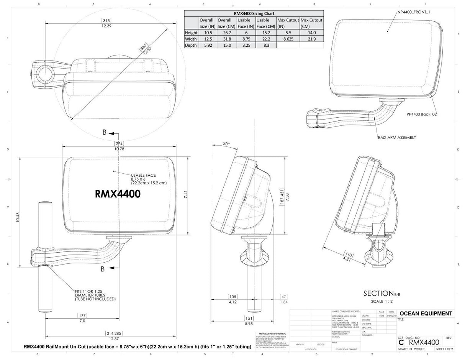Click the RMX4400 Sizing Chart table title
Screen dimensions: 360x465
click(x=254, y=13)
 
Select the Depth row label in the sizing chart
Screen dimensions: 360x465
click(x=191, y=45)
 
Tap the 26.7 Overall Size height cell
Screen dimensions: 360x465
click(x=226, y=33)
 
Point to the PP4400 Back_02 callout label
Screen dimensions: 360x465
click(x=421, y=114)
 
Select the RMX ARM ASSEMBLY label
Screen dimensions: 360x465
click(x=397, y=137)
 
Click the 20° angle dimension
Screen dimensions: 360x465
click(x=226, y=144)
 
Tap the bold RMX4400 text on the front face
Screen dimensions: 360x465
click(x=118, y=194)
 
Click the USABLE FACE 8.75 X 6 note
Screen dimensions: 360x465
click(x=148, y=179)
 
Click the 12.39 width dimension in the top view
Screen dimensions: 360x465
click(x=106, y=26)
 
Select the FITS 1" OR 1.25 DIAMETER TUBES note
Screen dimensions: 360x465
click(x=95, y=295)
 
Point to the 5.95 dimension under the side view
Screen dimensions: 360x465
click(x=249, y=324)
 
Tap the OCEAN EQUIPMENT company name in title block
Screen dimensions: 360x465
click(x=425, y=313)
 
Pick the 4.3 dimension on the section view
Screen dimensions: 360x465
click(x=347, y=259)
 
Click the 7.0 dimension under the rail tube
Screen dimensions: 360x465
click(x=82, y=321)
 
